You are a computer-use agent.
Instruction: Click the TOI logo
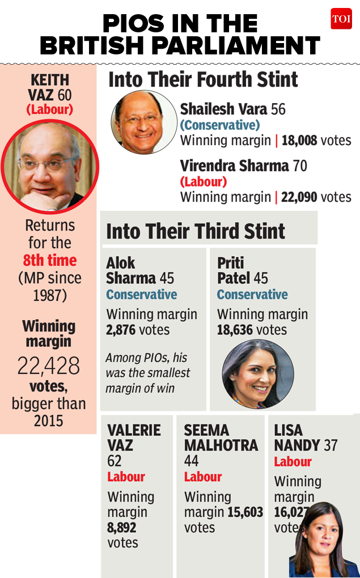tap(341, 19)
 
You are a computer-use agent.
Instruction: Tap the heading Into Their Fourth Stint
tap(203, 79)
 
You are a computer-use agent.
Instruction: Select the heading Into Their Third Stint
tap(196, 231)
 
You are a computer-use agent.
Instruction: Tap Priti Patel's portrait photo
tap(257, 375)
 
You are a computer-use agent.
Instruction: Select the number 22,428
tap(49, 366)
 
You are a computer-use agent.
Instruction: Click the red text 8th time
tap(50, 261)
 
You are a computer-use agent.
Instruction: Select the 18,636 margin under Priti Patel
tap(235, 330)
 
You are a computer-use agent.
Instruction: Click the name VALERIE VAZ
tap(134, 437)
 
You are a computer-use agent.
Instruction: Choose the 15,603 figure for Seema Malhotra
tap(245, 512)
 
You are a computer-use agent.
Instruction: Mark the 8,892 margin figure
tap(122, 528)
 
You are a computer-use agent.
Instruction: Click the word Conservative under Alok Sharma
tap(142, 295)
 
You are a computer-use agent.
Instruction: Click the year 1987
tap(50, 296)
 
